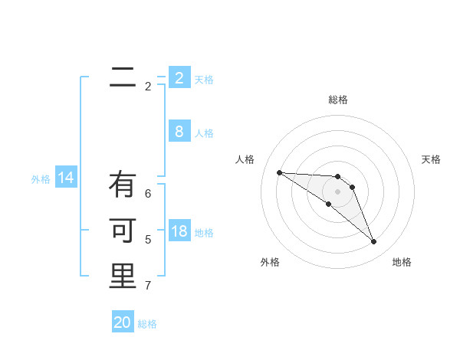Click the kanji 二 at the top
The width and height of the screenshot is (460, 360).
(x=123, y=76)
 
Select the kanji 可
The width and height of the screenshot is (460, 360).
(x=123, y=231)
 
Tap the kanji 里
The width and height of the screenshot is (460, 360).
(x=123, y=277)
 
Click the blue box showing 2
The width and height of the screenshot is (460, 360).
(x=179, y=77)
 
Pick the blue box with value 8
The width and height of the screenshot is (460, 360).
(x=179, y=131)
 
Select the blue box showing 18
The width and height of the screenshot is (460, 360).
(x=179, y=231)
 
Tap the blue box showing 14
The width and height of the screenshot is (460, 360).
(x=66, y=178)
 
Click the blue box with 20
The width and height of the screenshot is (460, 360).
(x=123, y=322)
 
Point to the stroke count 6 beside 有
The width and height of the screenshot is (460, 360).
(x=148, y=194)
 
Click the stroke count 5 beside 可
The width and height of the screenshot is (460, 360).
(x=148, y=240)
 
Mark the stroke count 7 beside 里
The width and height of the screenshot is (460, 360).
(x=148, y=286)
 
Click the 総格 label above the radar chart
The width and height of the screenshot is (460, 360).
(x=338, y=100)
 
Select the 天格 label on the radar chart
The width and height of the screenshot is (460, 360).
(x=432, y=159)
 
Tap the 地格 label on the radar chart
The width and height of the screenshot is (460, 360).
(x=402, y=262)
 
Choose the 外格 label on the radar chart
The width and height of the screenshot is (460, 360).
(x=270, y=262)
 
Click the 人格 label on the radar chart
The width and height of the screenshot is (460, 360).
(x=245, y=159)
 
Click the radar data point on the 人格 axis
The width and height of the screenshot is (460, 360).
(x=279, y=172)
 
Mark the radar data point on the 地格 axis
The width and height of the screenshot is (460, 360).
(x=374, y=242)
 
